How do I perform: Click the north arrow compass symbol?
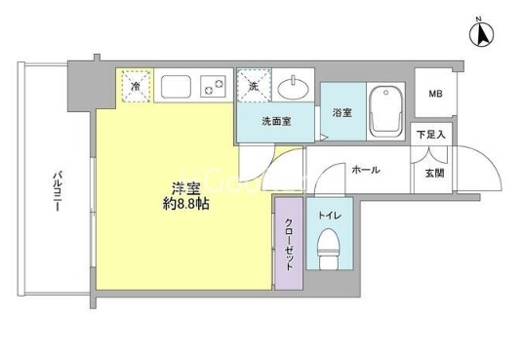(x=481, y=35)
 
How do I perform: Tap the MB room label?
(x=435, y=94)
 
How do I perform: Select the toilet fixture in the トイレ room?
(x=328, y=248)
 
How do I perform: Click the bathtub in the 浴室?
(x=385, y=111)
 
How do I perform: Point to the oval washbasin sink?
(x=293, y=88)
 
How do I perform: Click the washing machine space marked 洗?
(x=254, y=85)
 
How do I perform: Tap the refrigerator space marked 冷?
(x=136, y=86)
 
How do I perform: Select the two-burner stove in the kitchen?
(x=213, y=86)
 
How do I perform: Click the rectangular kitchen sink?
(x=176, y=86)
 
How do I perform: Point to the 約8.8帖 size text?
(x=186, y=204)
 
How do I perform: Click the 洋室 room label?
(x=186, y=189)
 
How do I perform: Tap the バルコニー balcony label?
(x=58, y=191)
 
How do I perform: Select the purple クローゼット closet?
(x=289, y=244)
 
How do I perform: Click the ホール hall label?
(x=366, y=170)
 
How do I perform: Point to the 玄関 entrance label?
(x=435, y=173)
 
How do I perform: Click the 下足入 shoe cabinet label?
(x=431, y=135)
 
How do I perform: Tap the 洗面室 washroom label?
(x=276, y=121)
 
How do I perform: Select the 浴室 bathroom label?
(x=341, y=112)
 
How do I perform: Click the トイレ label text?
(x=330, y=216)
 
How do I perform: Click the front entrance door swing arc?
(x=489, y=160)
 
